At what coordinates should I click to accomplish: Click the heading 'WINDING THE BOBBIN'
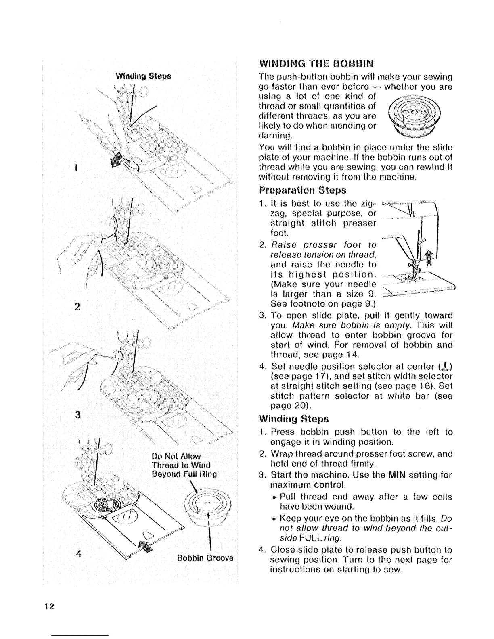pyautogui.click(x=316, y=64)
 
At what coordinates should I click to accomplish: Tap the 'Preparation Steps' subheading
pyautogui.click(x=303, y=190)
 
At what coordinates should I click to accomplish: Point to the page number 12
pyautogui.click(x=50, y=607)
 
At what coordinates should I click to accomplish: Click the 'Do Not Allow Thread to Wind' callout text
pyautogui.click(x=181, y=461)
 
